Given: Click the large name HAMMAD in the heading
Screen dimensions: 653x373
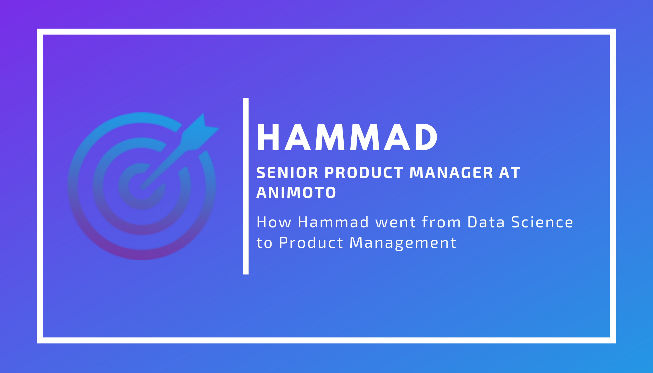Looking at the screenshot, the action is point(347,137).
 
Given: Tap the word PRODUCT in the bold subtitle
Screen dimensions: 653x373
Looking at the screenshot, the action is point(364,173).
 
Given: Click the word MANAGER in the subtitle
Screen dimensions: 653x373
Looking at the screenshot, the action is point(451,173).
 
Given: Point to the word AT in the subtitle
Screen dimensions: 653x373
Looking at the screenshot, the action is point(509,173).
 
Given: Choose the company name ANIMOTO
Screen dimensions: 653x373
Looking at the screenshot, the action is point(296,193).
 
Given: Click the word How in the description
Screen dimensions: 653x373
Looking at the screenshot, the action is point(274,222).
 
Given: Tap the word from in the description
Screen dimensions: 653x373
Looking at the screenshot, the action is point(441,222).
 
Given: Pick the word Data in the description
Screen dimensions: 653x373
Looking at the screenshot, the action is point(486,222).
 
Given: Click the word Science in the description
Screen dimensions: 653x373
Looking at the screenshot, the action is point(542,222).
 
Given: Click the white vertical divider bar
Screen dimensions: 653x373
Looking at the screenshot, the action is point(246,186).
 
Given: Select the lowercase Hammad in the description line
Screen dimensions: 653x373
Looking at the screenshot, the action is point(333,222).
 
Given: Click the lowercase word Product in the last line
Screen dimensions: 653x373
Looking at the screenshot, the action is point(311,243).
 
